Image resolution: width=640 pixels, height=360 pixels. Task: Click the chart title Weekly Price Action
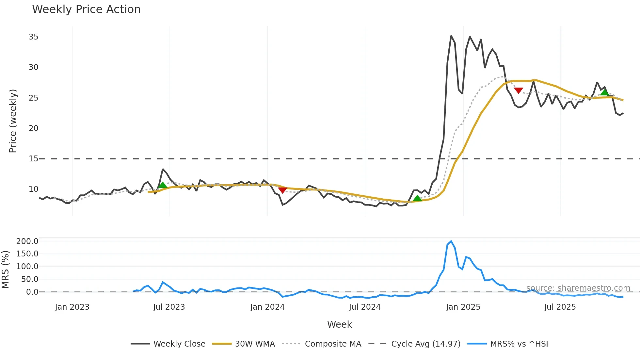pyautogui.click(x=86, y=9)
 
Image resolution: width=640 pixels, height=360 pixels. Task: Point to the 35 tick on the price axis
pyautogui.click(x=33, y=37)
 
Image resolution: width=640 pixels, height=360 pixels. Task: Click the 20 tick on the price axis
pyautogui.click(x=33, y=128)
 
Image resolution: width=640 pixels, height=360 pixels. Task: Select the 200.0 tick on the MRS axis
pyautogui.click(x=27, y=241)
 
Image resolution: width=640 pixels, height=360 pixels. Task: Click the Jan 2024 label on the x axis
pyautogui.click(x=267, y=307)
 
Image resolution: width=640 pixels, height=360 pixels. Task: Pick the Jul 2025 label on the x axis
pyautogui.click(x=560, y=307)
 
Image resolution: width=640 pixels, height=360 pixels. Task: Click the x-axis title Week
pyautogui.click(x=339, y=324)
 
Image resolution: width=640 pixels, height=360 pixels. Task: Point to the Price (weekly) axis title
pyautogui.click(x=12, y=121)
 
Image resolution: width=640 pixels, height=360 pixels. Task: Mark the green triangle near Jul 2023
pyautogui.click(x=163, y=185)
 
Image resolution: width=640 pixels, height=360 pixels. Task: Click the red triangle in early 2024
pyautogui.click(x=282, y=190)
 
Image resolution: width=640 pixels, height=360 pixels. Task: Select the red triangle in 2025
pyautogui.click(x=519, y=90)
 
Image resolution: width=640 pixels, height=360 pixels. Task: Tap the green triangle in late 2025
pyautogui.click(x=604, y=92)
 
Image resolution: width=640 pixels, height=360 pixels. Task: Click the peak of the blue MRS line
pyautogui.click(x=451, y=241)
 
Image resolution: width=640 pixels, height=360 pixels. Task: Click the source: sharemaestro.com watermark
pyautogui.click(x=578, y=288)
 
